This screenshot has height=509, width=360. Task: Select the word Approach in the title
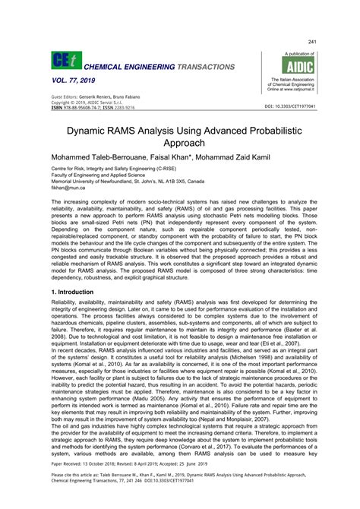179,143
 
